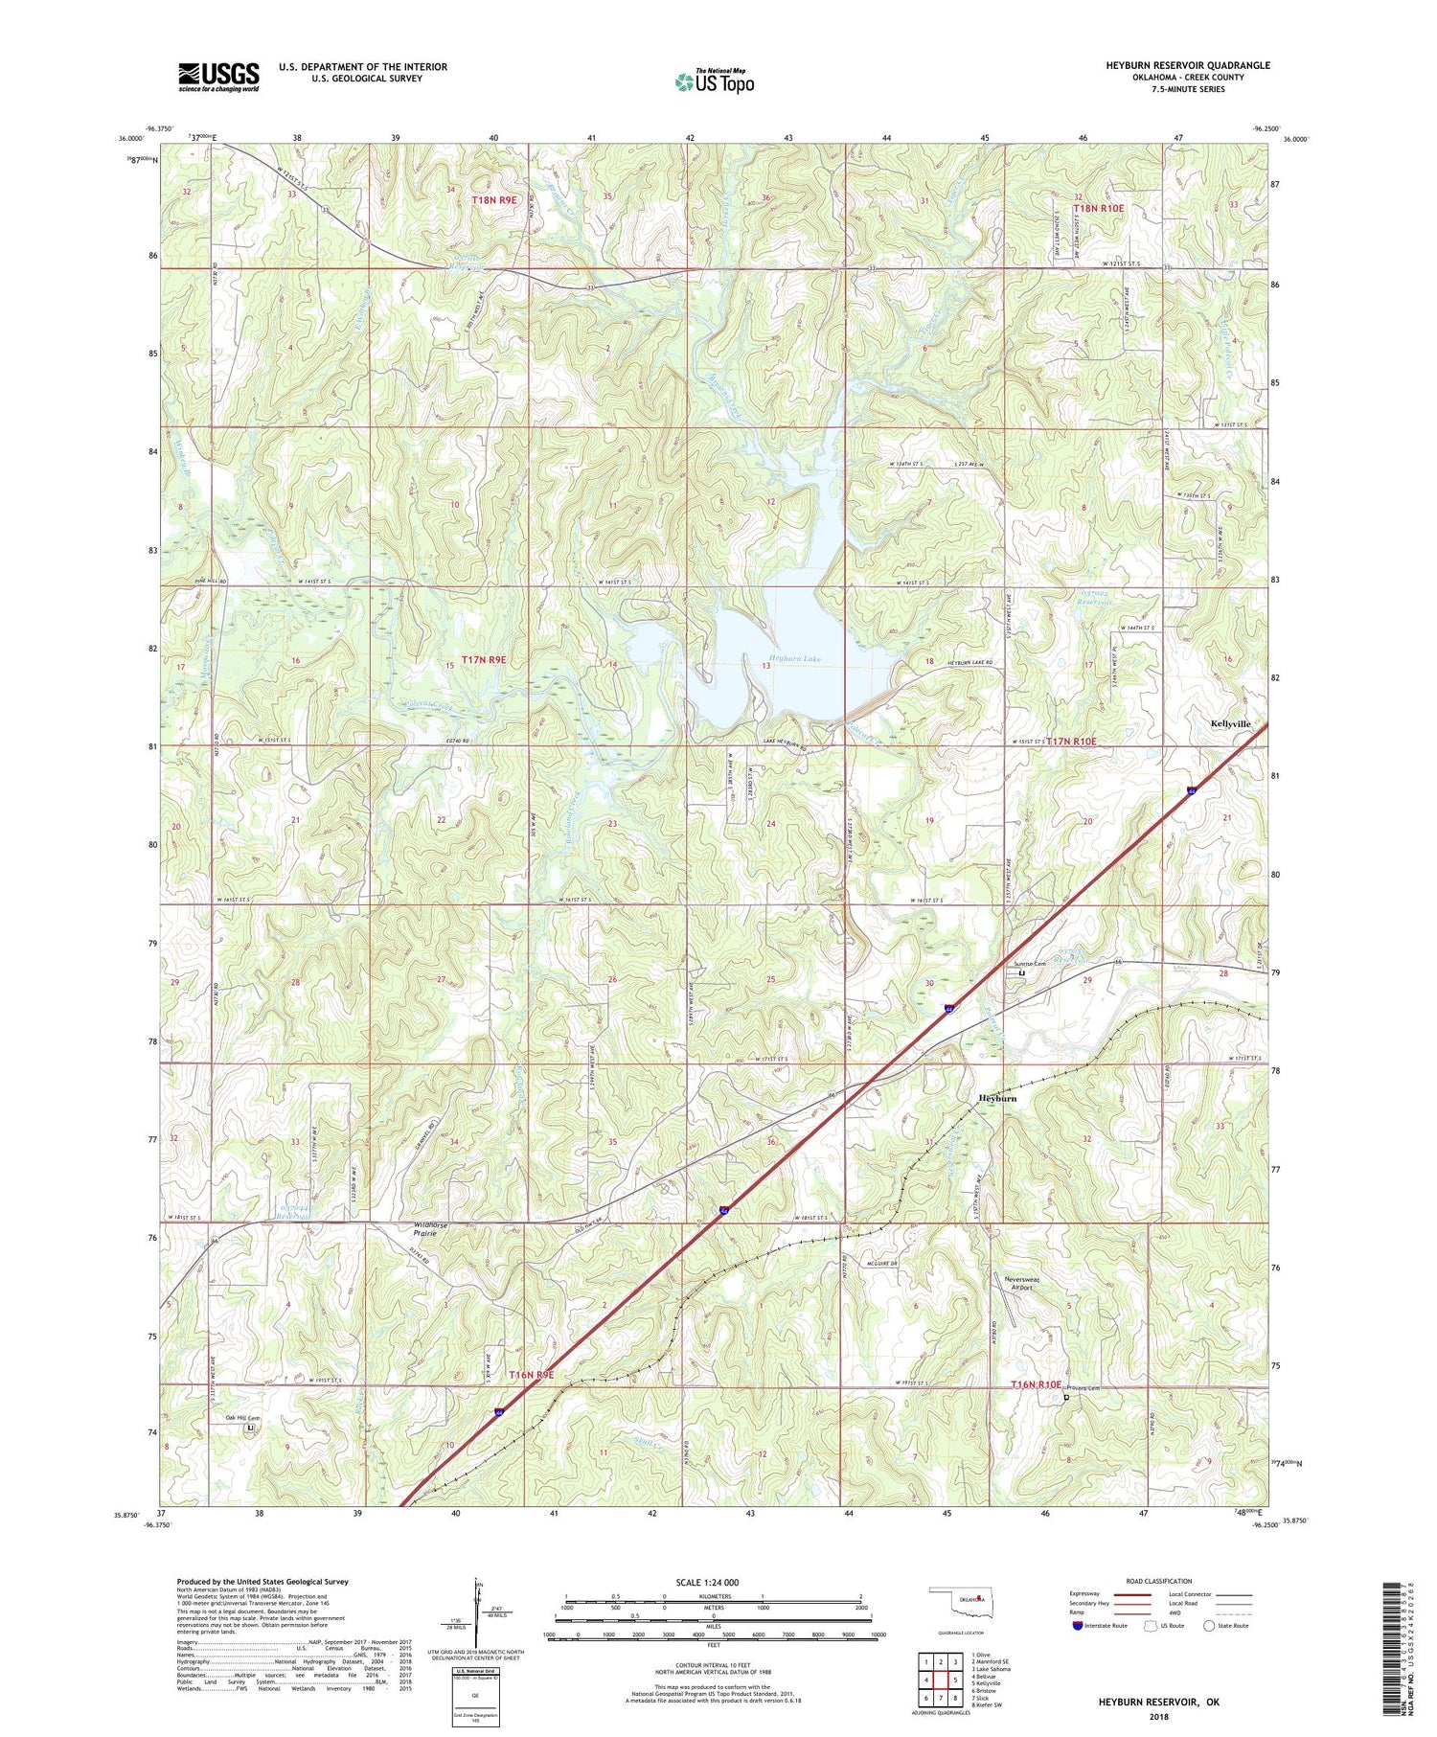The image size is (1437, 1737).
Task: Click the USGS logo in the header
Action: pyautogui.click(x=218, y=77)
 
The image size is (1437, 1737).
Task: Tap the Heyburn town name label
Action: pyautogui.click(x=997, y=1099)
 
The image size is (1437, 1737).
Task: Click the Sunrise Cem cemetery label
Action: pyautogui.click(x=1031, y=964)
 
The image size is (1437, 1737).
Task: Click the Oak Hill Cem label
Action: pyautogui.click(x=243, y=1417)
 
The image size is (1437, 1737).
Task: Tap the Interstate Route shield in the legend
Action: pyautogui.click(x=1080, y=1625)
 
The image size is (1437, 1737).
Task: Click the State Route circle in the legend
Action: pyautogui.click(x=1209, y=1625)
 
